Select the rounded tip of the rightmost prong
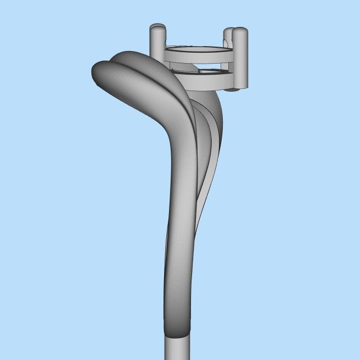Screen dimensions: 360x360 [240, 31]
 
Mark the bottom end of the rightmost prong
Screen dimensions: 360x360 [240, 85]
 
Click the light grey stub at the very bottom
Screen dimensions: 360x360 [177, 348]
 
